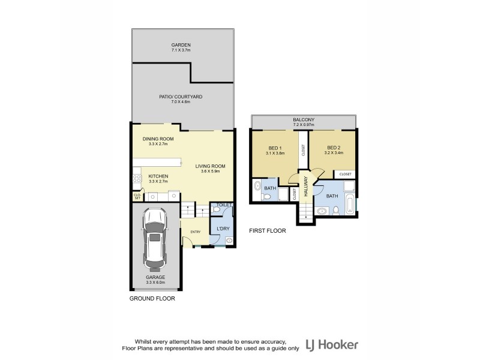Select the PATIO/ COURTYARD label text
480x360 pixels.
point(181,97)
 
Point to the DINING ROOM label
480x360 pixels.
point(158,139)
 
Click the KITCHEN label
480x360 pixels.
point(158,176)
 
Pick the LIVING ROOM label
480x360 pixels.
point(209,166)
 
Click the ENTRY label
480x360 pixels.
point(196,232)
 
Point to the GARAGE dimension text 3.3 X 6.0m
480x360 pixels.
point(155,282)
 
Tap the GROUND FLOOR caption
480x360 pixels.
point(152,298)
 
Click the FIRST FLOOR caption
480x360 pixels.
point(267,230)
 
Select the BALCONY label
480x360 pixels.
point(304,120)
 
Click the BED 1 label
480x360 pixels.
point(274,148)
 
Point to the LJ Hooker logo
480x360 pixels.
point(332,345)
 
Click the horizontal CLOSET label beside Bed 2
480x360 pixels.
point(346,174)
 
